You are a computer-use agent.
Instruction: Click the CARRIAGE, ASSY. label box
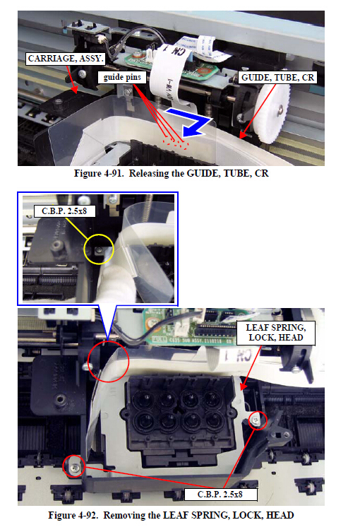66,59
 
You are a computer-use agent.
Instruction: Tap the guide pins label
122,77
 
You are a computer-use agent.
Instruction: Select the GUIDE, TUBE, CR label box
277,78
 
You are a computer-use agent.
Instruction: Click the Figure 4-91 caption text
172,173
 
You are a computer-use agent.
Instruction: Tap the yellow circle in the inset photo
99,249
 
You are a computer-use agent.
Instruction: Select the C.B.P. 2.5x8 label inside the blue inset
64,211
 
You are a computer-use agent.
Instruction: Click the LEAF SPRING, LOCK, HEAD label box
275,333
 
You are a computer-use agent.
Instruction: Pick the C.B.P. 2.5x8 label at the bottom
220,495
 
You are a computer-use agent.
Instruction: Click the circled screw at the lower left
75,468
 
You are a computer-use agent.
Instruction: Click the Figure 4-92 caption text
171,515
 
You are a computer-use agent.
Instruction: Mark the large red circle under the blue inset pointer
109,362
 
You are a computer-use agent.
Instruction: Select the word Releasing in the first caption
148,174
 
